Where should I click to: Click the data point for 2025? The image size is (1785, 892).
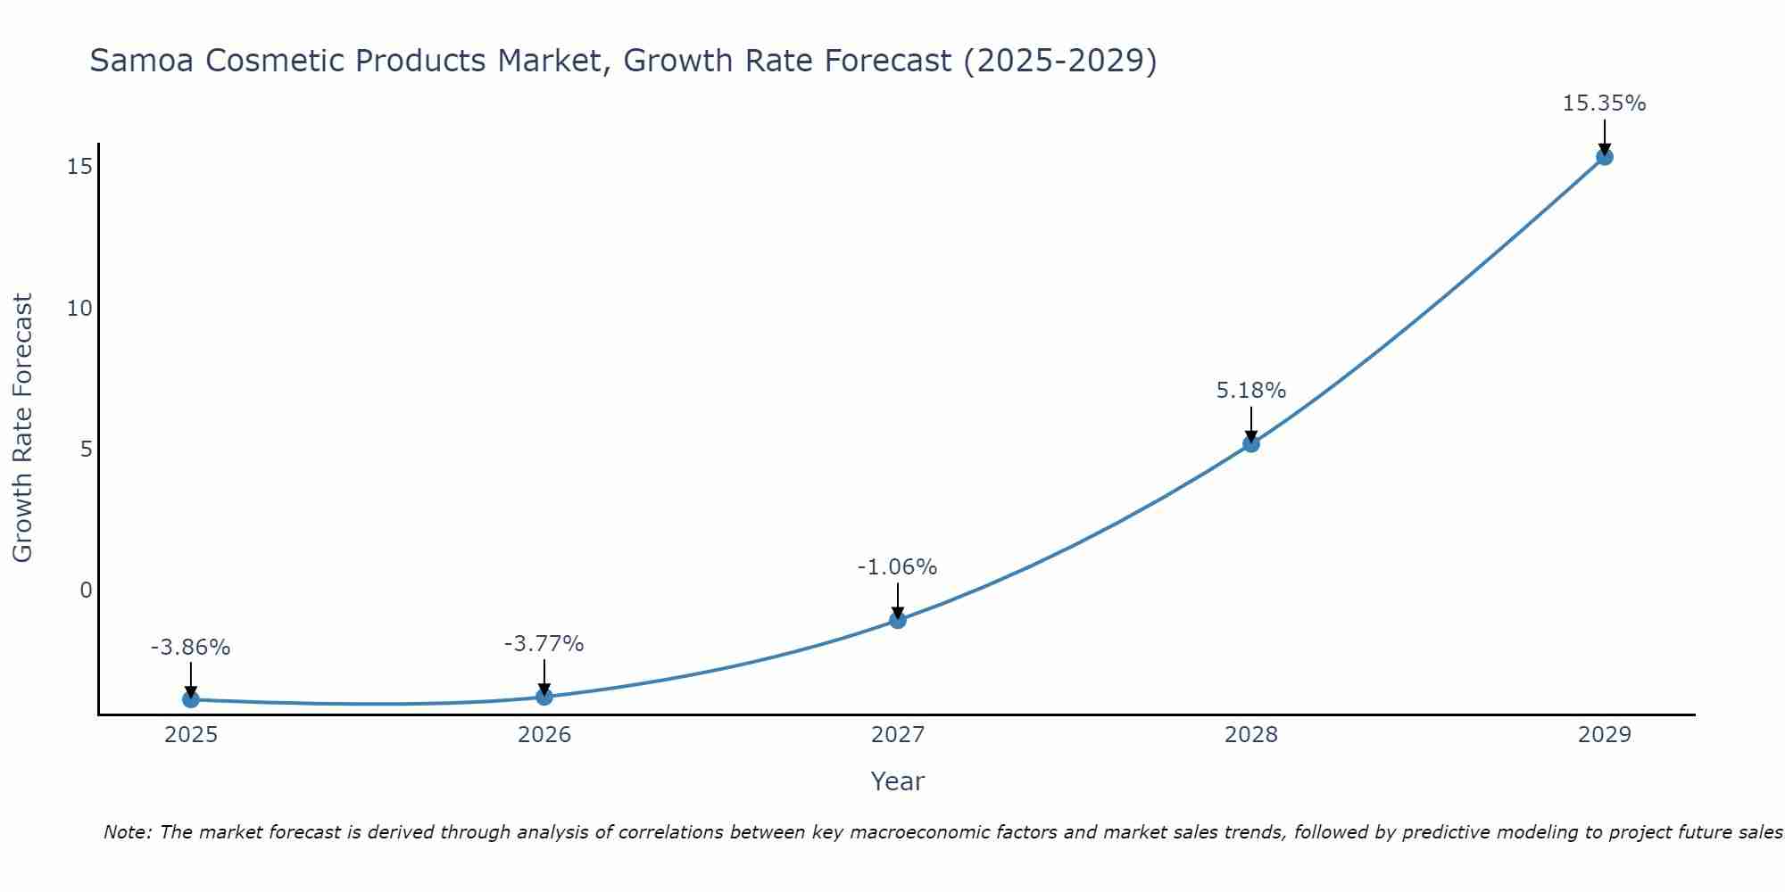coord(191,699)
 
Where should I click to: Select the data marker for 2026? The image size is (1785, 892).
coord(544,696)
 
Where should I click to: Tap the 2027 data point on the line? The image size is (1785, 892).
coord(898,620)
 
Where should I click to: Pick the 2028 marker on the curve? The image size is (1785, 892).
coord(1251,443)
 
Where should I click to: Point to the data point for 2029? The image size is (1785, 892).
coord(1604,157)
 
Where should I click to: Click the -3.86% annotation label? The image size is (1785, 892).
coord(191,648)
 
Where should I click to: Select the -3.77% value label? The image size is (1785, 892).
coord(544,644)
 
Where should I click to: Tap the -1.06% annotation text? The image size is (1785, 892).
coord(898,567)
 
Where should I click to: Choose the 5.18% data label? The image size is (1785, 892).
coord(1251,391)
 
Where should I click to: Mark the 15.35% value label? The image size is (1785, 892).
coord(1604,103)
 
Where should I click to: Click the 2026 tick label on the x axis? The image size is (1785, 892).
coord(544,735)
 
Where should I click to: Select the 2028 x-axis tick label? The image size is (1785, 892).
coord(1251,735)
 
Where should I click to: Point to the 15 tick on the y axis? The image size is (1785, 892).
coord(80,167)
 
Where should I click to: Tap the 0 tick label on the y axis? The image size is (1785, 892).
coord(86,590)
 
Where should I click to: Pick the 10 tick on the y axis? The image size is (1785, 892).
coord(80,309)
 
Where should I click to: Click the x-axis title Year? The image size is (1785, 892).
coord(898,781)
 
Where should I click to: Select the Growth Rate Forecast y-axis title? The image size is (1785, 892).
coord(23,428)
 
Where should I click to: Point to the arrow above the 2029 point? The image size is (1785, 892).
coord(1604,136)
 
